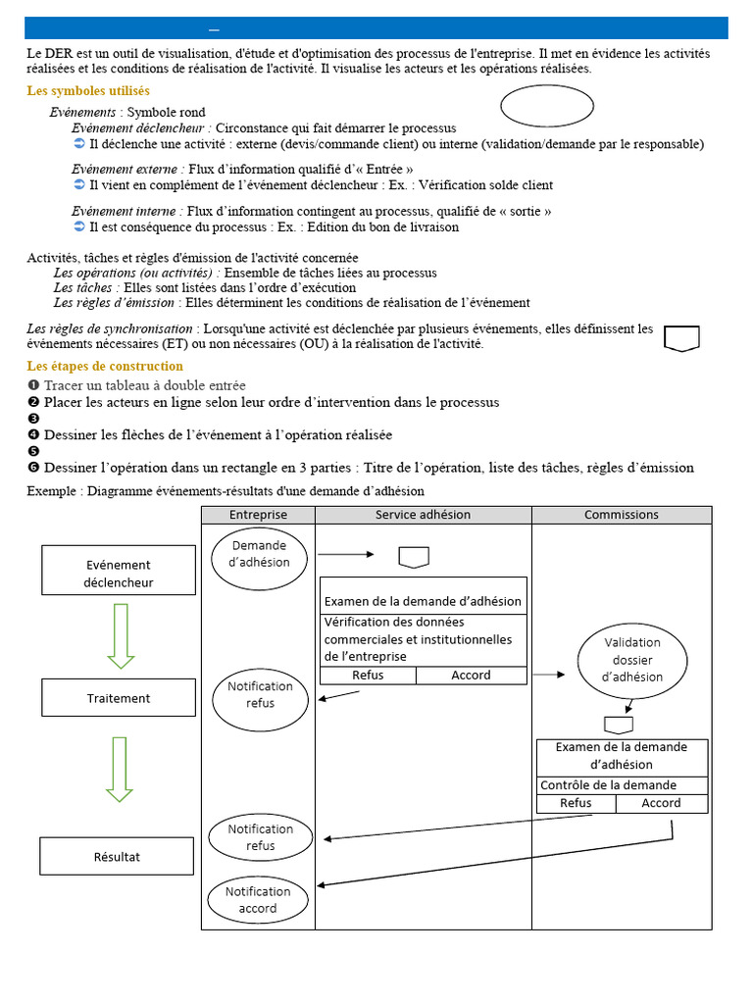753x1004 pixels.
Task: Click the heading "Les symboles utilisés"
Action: coord(88,91)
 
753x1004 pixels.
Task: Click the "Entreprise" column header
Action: coord(258,515)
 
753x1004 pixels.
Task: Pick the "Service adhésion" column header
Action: coord(423,515)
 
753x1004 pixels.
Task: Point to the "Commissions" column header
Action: coord(622,515)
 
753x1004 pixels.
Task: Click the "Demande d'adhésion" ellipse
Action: coord(259,554)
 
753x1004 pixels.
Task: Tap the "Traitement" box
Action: coord(118,698)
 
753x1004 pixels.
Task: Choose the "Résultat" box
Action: coord(117,856)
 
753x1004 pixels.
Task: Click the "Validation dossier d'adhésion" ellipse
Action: coord(631,659)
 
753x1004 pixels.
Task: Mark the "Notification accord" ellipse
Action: coord(258,899)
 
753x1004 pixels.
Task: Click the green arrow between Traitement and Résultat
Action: coord(120,769)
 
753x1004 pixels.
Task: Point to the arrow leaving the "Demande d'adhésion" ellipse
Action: coord(345,554)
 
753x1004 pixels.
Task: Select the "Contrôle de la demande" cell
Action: coord(622,785)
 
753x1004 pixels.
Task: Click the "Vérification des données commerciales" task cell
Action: coord(423,639)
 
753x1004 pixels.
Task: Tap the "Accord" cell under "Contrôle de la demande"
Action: coord(661,803)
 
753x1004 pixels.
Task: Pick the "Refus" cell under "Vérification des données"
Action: coord(368,675)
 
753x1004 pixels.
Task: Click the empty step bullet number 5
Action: coord(33,451)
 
